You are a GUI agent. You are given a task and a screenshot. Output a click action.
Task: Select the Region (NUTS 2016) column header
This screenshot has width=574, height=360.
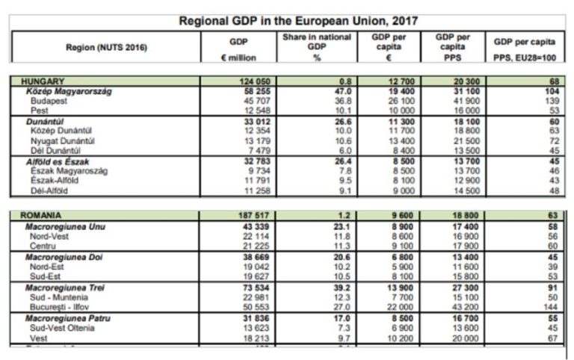(x=105, y=48)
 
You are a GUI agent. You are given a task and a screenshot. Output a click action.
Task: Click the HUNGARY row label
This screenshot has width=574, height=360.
(x=43, y=80)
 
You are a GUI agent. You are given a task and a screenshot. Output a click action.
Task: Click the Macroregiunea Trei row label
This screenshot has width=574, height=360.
(x=65, y=287)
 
